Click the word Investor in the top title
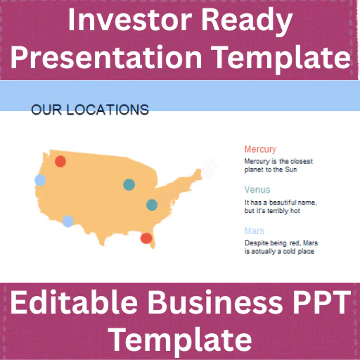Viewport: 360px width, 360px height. [130, 20]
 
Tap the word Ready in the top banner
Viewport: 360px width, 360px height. [247, 22]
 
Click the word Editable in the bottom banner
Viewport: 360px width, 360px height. [74, 302]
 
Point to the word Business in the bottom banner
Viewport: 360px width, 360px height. [215, 302]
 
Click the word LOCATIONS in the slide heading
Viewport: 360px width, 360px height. [108, 110]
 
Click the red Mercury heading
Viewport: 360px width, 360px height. [260, 149]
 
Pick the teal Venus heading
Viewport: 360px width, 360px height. [257, 189]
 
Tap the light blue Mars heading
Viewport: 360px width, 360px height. [255, 231]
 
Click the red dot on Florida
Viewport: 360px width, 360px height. [146, 238]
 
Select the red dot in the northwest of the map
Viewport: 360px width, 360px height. [60, 161]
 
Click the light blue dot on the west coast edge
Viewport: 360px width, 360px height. [40, 180]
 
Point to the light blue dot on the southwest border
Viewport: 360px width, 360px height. [68, 221]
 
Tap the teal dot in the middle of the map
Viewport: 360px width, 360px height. [129, 184]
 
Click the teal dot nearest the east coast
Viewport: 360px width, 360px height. [152, 205]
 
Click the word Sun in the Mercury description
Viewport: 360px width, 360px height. [291, 169]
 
